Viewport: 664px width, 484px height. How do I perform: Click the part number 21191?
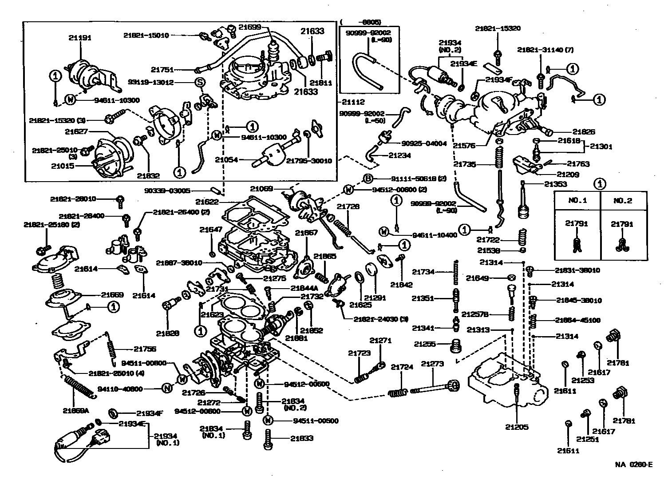click(80, 38)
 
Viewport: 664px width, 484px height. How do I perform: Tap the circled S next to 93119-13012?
click(200, 83)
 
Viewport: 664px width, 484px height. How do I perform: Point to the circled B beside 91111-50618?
click(368, 179)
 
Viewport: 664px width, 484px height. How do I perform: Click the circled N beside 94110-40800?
click(167, 389)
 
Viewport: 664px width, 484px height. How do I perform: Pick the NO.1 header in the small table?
click(577, 200)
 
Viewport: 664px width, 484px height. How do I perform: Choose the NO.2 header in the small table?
click(623, 200)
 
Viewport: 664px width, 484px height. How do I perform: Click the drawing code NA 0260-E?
click(634, 465)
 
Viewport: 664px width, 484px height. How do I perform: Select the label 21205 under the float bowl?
click(517, 427)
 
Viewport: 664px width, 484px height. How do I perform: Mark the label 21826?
click(584, 131)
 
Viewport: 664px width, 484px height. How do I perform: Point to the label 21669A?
click(76, 410)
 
